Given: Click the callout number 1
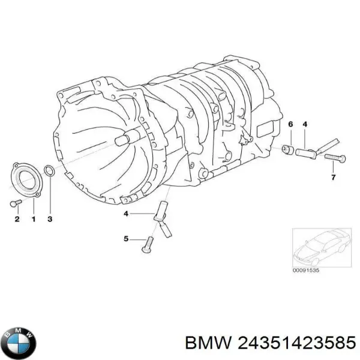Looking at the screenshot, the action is pyautogui.click(x=34, y=219).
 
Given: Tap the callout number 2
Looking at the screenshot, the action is pyautogui.click(x=17, y=219).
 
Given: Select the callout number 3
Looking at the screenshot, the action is pyautogui.click(x=50, y=219).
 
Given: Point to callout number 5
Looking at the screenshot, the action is pyautogui.click(x=126, y=239).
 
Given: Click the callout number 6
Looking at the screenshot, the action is pyautogui.click(x=290, y=124).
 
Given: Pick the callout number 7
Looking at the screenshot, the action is pyautogui.click(x=333, y=177).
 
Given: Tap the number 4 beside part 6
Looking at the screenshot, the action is pyautogui.click(x=305, y=124).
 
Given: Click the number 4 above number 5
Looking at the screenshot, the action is pyautogui.click(x=126, y=214).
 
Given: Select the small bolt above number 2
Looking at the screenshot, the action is pyautogui.click(x=16, y=203).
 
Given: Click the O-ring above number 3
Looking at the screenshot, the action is pyautogui.click(x=49, y=171).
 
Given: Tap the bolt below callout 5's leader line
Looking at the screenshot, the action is pyautogui.click(x=147, y=245).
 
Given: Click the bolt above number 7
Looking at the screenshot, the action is pyautogui.click(x=335, y=158).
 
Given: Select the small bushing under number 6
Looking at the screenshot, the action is pyautogui.click(x=288, y=149).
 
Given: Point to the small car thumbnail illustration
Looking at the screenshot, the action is pyautogui.click(x=322, y=247).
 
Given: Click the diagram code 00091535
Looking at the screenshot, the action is pyautogui.click(x=305, y=271).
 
